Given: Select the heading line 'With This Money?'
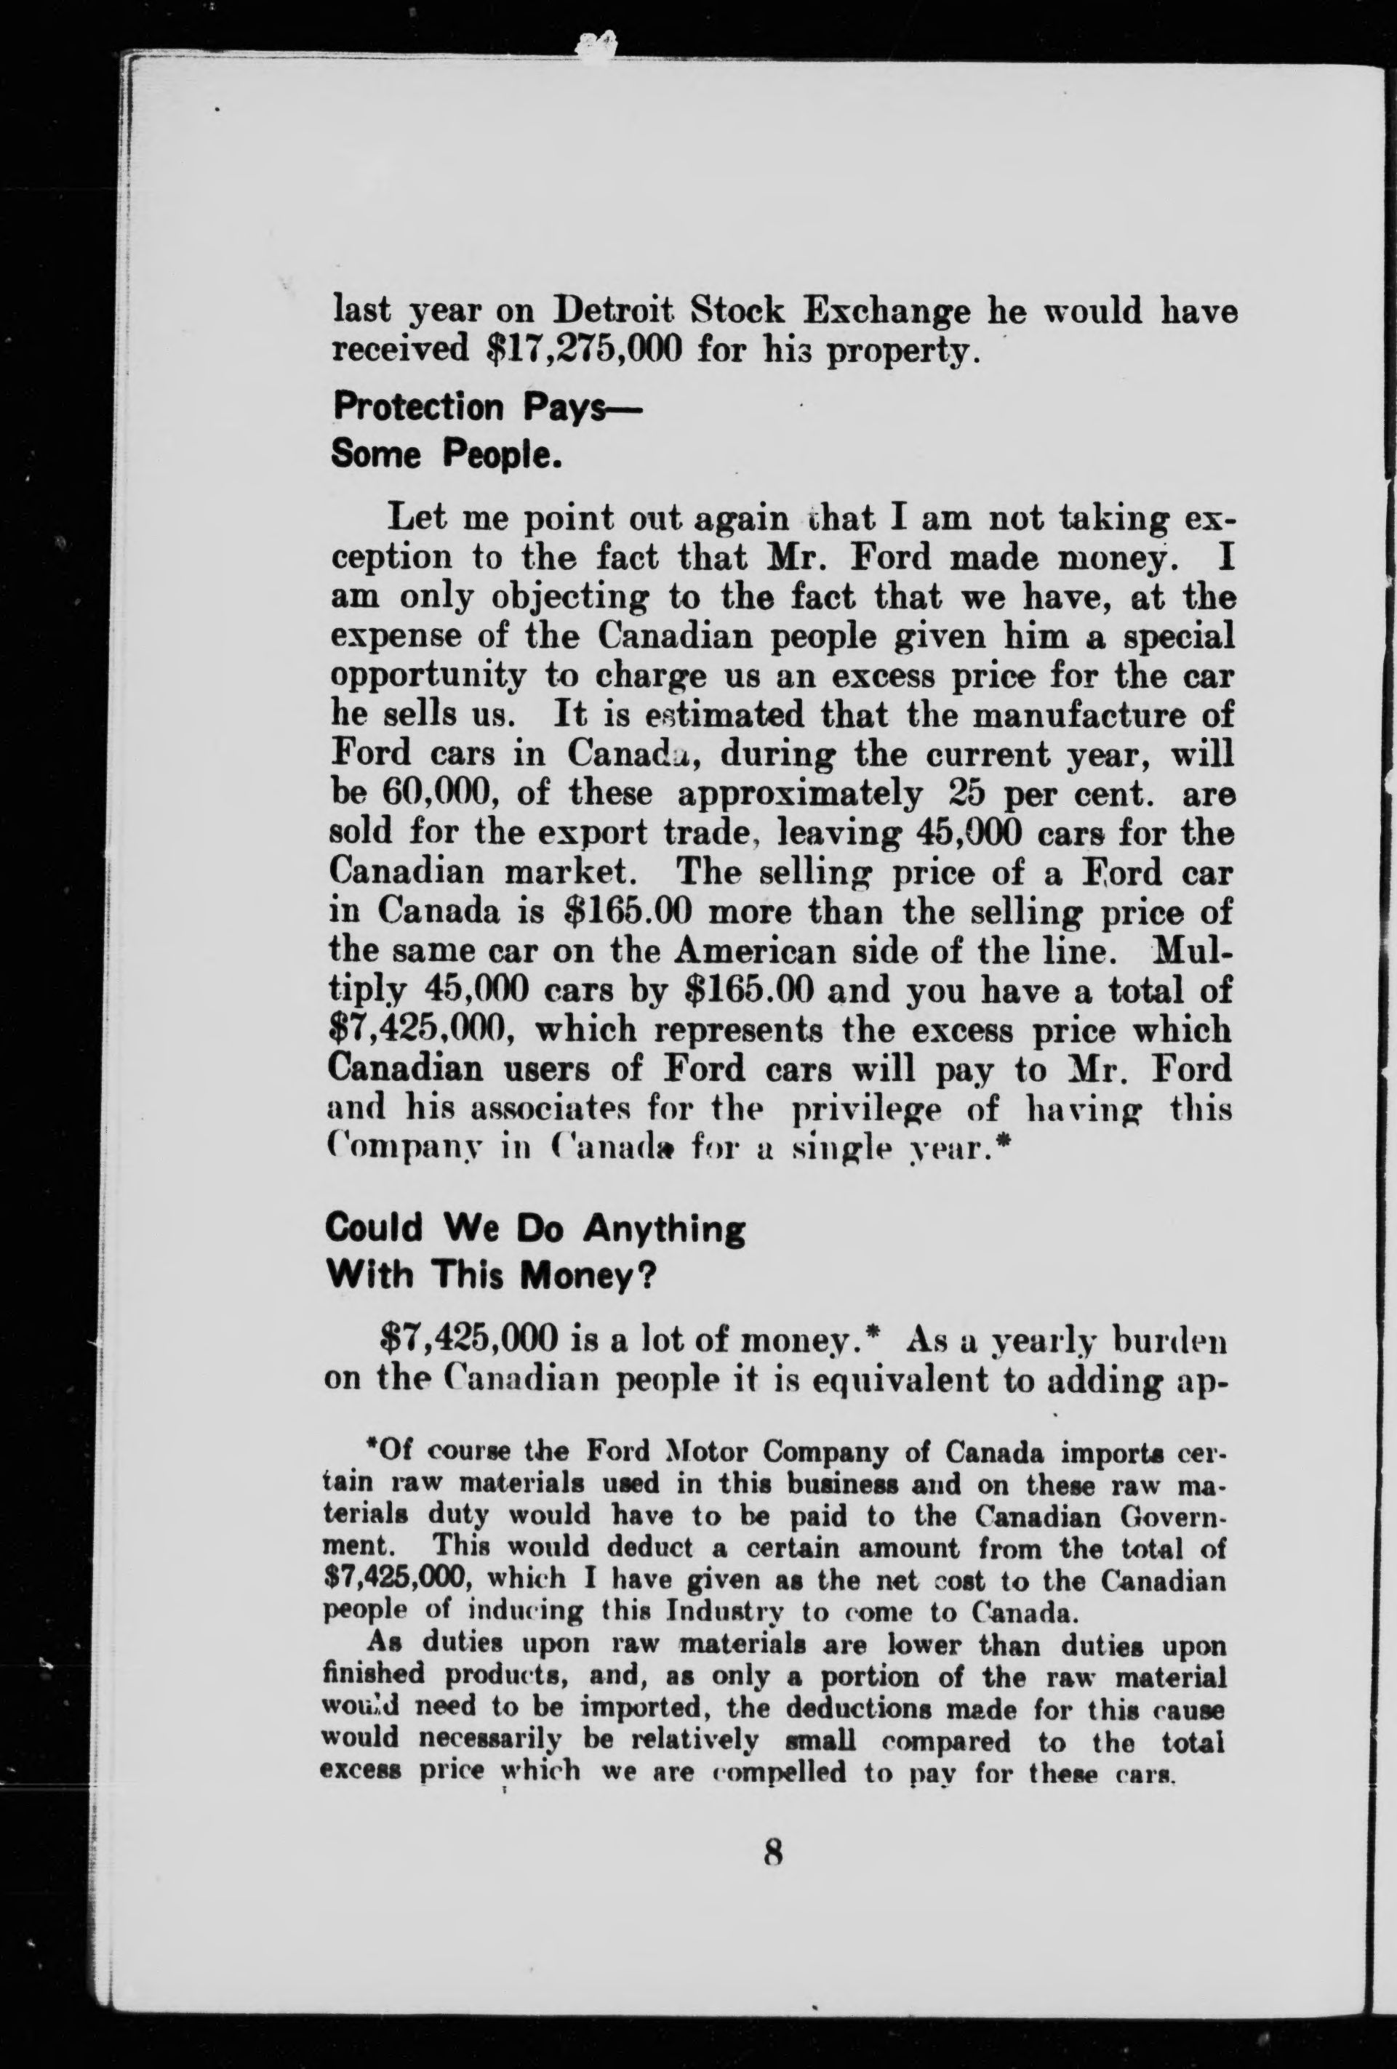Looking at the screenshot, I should point(492,1277).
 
